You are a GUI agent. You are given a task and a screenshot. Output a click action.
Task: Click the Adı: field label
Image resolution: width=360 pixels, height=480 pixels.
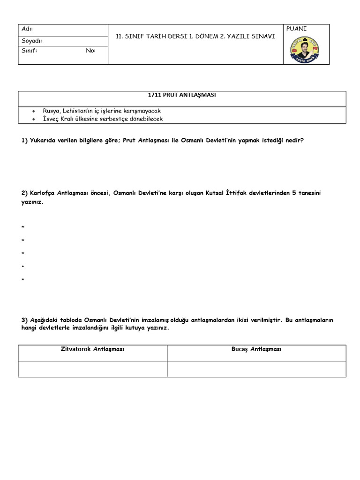pos(28,29)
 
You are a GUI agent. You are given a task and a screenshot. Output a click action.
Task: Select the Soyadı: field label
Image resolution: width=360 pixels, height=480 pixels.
pos(32,41)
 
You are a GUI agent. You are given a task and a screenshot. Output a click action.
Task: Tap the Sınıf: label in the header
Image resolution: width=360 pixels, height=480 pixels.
pos(30,51)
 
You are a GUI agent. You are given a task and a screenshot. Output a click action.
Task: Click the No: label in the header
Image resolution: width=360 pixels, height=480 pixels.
pos(90,51)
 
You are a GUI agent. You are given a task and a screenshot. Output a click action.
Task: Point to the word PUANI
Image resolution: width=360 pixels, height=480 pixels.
pos(296,29)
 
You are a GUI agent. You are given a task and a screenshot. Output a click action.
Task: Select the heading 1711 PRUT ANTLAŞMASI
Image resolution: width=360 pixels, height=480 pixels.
pos(182,95)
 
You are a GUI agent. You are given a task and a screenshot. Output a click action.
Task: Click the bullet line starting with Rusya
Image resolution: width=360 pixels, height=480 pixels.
pos(101,111)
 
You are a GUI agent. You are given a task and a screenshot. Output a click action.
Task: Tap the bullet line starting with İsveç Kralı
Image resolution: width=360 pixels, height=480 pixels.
pos(103,119)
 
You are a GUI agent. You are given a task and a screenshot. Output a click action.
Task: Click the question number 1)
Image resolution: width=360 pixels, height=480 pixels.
pos(25,140)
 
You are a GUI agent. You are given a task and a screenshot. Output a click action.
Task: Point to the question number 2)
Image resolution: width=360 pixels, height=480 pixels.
pos(25,193)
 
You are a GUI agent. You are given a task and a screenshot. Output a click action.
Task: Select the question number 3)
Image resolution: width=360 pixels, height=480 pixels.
pos(25,320)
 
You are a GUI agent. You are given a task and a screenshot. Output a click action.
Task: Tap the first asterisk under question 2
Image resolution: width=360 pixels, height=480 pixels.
pos(23,228)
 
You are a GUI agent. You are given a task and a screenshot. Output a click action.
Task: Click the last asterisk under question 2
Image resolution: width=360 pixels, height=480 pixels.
pos(23,280)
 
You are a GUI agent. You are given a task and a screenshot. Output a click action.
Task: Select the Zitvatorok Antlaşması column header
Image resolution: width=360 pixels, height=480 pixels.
pos(93,349)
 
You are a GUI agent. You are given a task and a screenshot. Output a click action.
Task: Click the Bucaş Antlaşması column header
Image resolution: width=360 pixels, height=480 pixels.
pos(256,349)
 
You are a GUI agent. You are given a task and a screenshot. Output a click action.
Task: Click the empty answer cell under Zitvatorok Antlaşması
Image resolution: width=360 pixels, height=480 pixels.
pos(93,369)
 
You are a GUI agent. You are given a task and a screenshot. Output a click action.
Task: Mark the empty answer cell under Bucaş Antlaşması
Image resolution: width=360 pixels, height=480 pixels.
pos(256,369)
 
